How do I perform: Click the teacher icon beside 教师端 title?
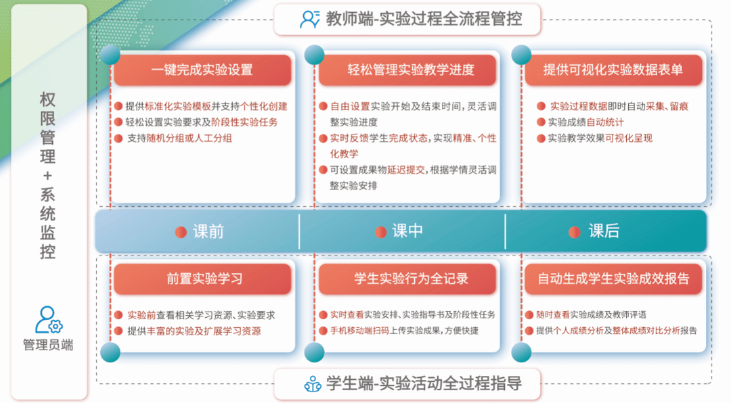tap(309, 19)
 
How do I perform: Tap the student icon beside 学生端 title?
tap(313, 384)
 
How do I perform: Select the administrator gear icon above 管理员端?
tap(49, 320)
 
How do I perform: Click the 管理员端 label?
tap(48, 346)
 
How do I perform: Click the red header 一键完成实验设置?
tap(202, 70)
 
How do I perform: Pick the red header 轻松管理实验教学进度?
tap(407, 70)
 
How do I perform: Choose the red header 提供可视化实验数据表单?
tap(613, 70)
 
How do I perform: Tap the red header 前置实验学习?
tap(202, 279)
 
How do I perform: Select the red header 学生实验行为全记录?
tap(407, 279)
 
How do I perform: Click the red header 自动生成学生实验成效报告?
tap(613, 279)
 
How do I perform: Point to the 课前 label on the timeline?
tap(208, 231)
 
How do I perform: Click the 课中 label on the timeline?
tap(407, 231)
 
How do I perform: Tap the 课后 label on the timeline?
tap(604, 231)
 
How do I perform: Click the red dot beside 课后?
tap(575, 232)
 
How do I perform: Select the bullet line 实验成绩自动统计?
tap(585, 122)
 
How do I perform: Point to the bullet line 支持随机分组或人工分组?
tap(179, 139)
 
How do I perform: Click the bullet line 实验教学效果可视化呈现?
tap(600, 139)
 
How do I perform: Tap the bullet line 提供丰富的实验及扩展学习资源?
tap(194, 331)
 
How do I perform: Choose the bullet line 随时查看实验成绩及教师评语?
tap(591, 315)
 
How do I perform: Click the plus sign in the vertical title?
tap(47, 176)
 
